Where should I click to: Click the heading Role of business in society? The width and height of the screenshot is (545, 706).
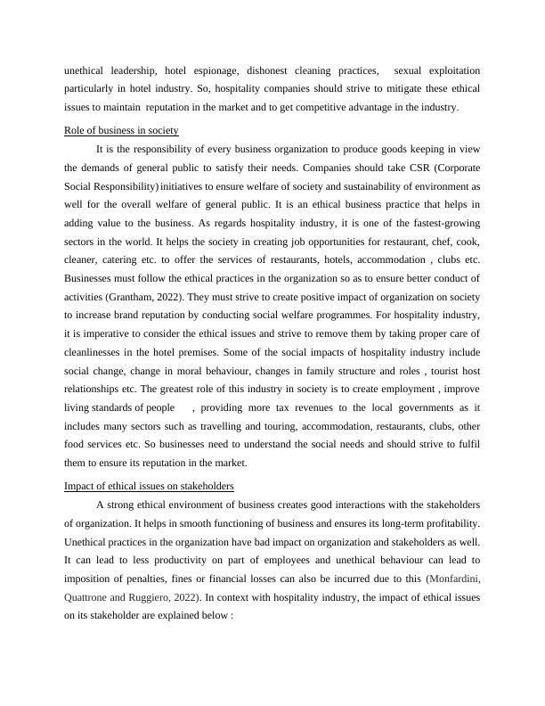point(122,130)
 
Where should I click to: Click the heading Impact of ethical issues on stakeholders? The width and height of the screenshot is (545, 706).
point(150,486)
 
